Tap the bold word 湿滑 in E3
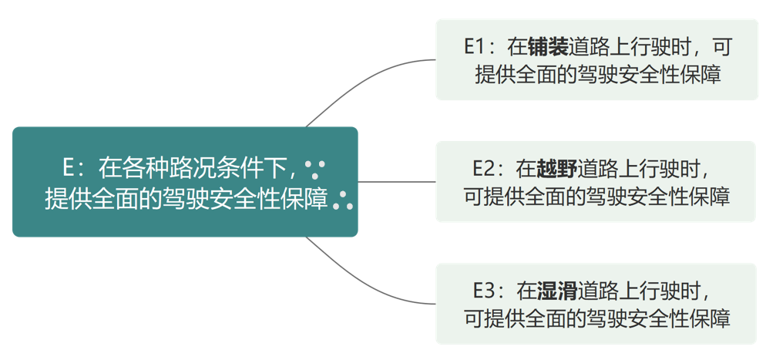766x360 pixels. click(x=557, y=291)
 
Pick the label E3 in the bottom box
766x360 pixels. click(x=487, y=291)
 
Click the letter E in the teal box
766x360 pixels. click(x=69, y=166)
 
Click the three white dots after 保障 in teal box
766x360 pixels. click(x=344, y=200)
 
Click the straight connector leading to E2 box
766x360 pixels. click(x=397, y=182)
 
